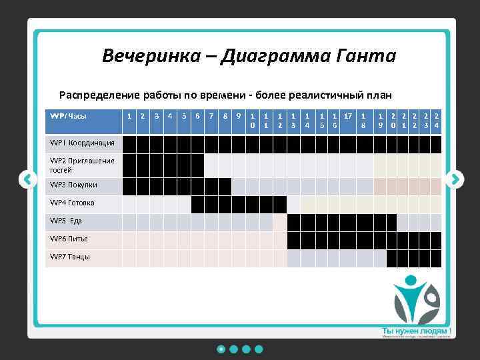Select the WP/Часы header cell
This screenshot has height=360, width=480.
tap(69, 116)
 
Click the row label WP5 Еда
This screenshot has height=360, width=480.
tap(66, 221)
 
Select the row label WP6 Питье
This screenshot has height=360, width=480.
tap(69, 239)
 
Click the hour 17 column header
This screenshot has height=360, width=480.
tap(348, 116)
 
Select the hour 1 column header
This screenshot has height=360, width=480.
tap(129, 116)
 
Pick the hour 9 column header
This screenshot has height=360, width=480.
tap(239, 116)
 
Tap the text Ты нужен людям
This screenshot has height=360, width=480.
tap(415, 331)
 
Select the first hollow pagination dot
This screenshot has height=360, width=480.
tap(221, 349)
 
